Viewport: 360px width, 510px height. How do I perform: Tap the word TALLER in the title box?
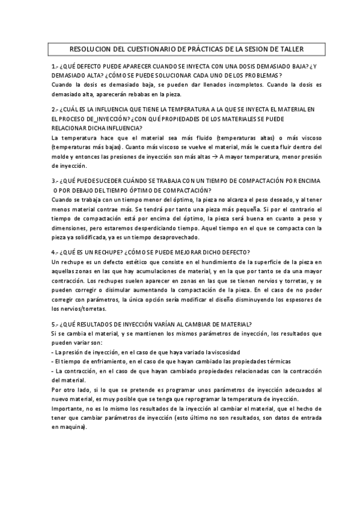click(x=291, y=49)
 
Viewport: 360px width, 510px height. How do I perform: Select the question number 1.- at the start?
click(x=55, y=66)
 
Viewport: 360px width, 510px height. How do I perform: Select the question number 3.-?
click(x=55, y=180)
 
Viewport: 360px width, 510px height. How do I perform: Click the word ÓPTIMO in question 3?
click(x=133, y=190)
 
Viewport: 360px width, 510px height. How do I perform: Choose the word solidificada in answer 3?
click(x=93, y=238)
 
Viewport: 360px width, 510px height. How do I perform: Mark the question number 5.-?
click(x=55, y=324)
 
